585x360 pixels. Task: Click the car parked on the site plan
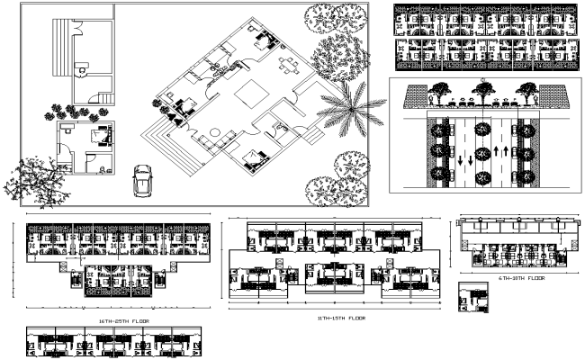tap(142, 180)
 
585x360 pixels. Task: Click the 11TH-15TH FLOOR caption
tap(340, 318)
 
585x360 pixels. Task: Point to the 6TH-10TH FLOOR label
tap(522, 278)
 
